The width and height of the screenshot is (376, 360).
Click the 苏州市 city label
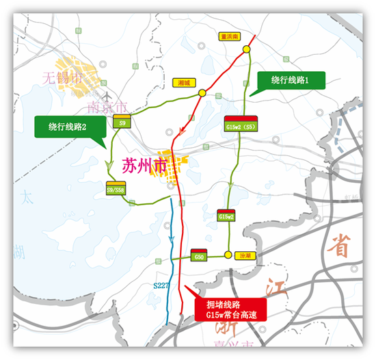[144, 166]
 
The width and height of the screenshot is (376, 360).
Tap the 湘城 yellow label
[182, 81]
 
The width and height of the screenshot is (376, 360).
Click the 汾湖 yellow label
[245, 255]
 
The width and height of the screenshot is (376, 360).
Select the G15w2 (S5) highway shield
[240, 125]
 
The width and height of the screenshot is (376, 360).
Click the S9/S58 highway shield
[114, 190]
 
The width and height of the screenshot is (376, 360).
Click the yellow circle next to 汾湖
[227, 255]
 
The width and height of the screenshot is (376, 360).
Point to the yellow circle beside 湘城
[202, 92]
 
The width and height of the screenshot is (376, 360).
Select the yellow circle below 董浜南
[245, 49]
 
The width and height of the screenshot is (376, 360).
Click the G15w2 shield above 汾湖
[226, 215]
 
